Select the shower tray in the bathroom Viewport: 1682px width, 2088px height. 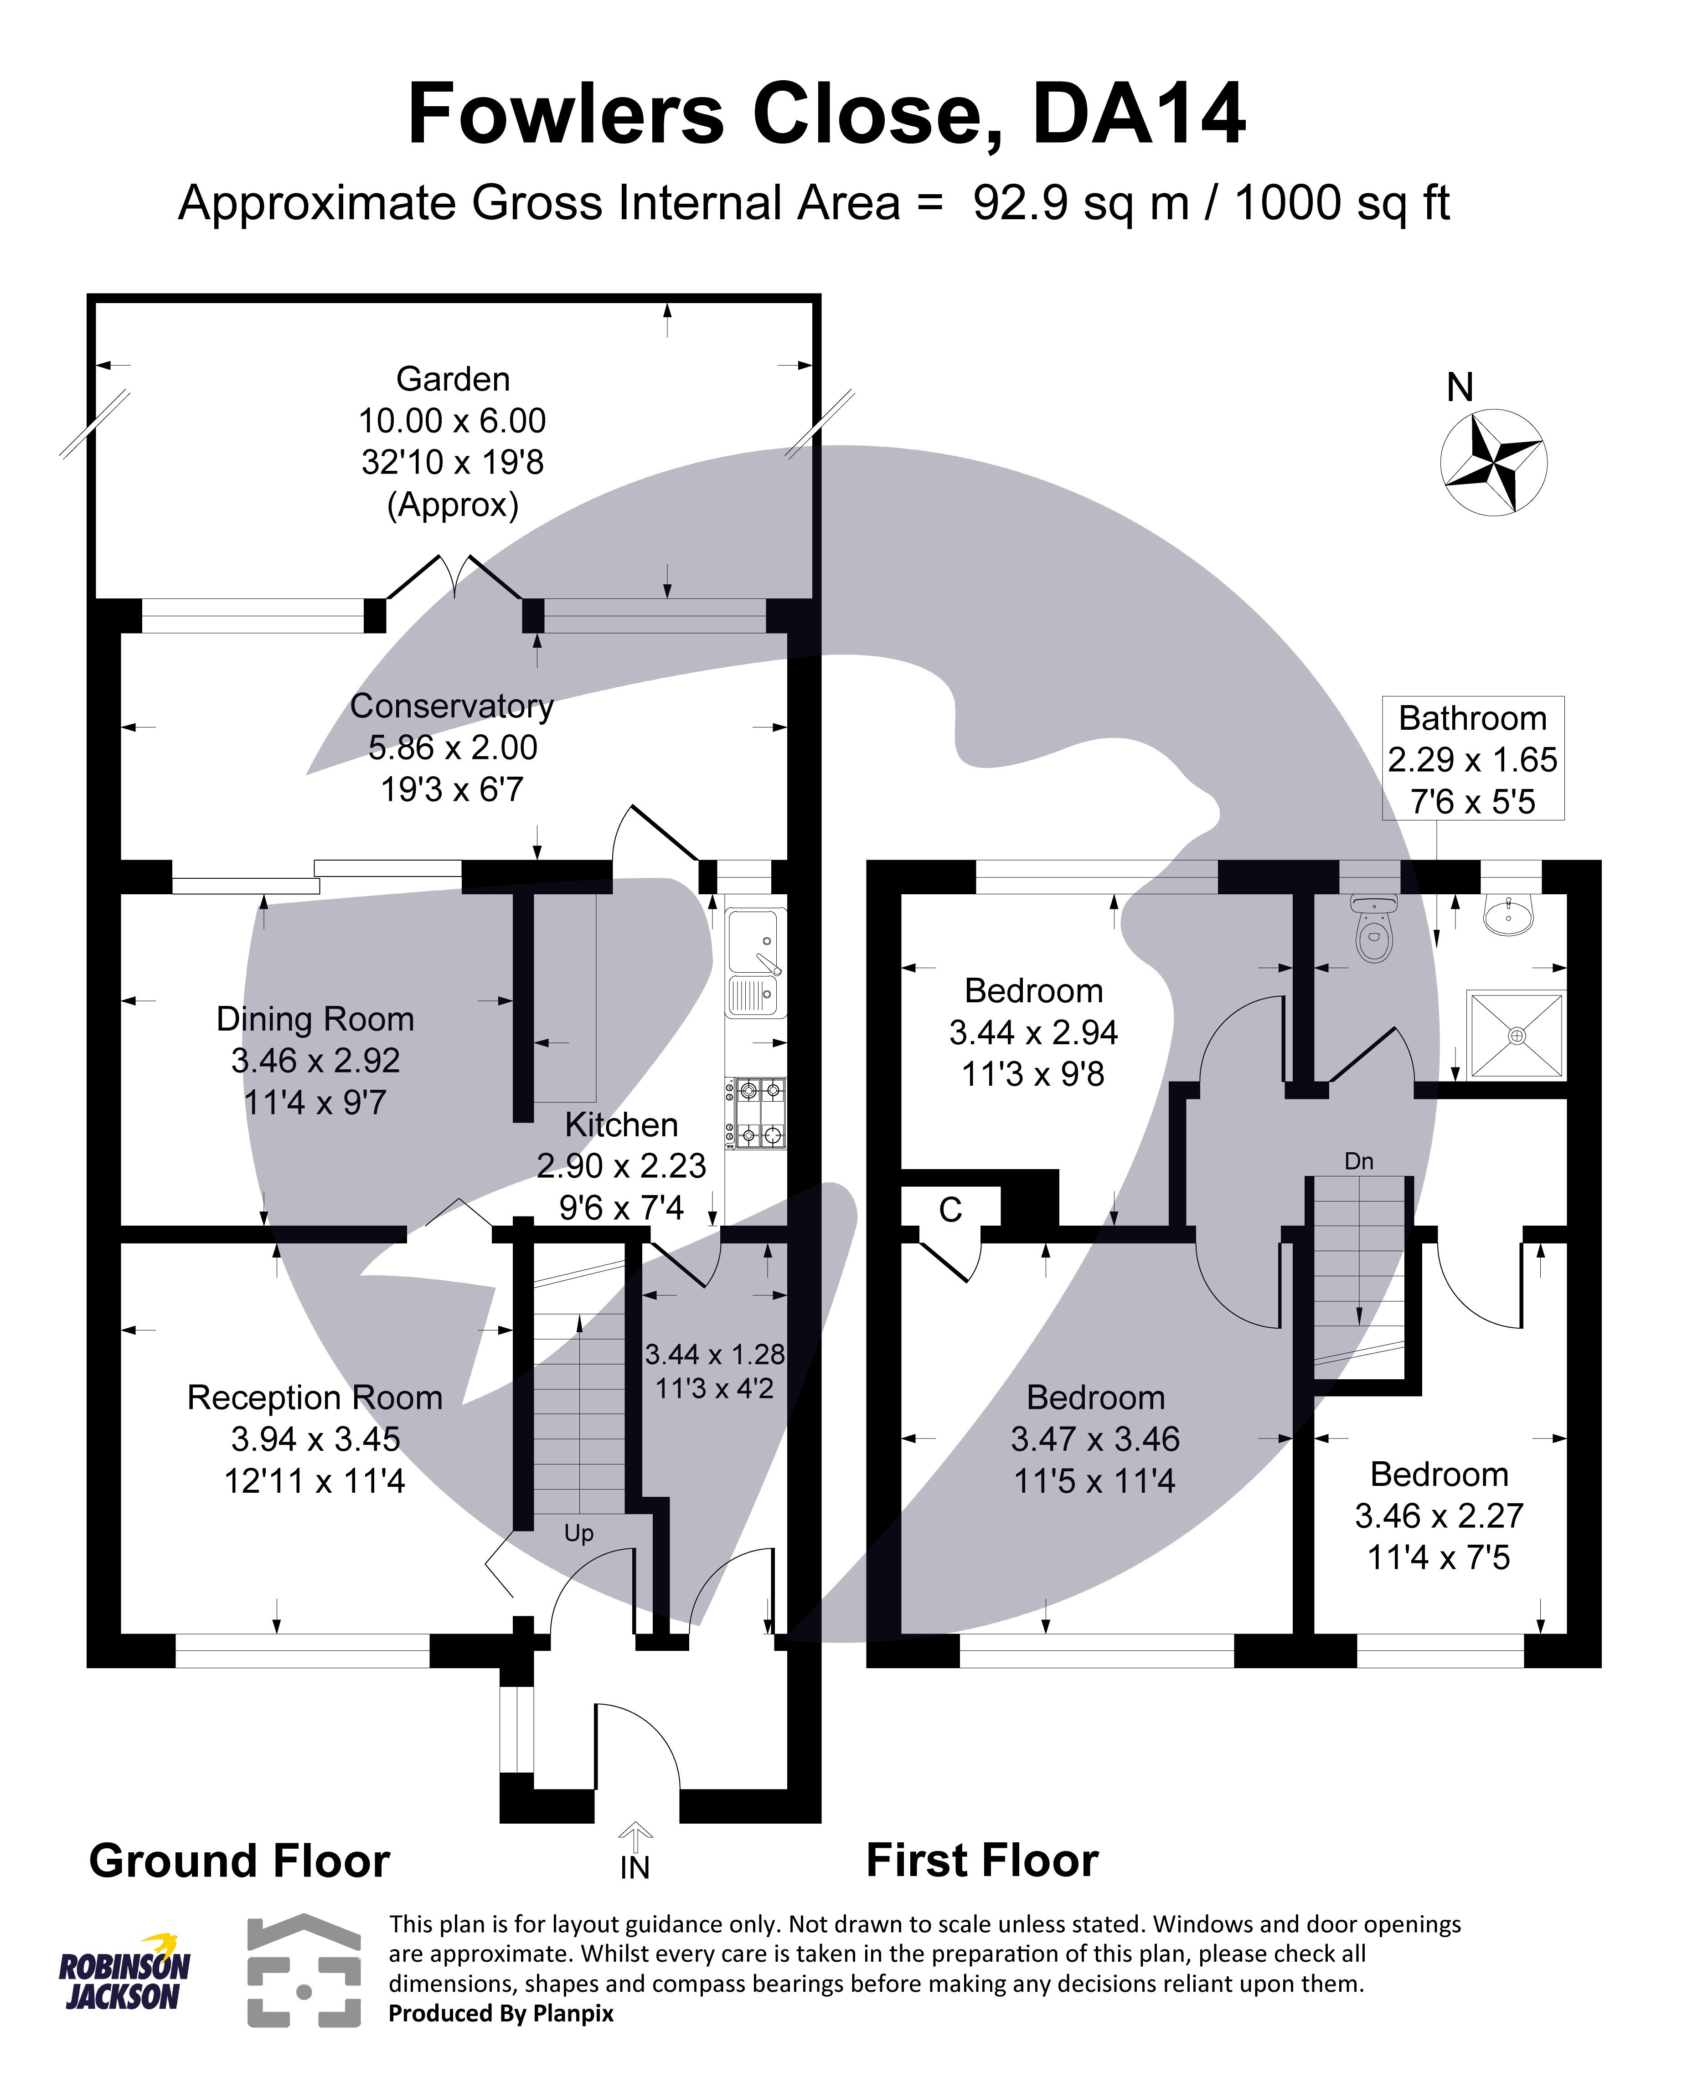pyautogui.click(x=1517, y=1035)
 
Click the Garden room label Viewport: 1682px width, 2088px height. pyautogui.click(x=453, y=379)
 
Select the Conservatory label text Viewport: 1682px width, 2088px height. pyautogui.click(x=452, y=706)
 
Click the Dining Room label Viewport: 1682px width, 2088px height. pyautogui.click(x=315, y=1019)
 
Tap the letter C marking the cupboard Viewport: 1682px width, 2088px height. pyautogui.click(x=950, y=1210)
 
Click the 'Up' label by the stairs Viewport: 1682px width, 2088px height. pyautogui.click(x=578, y=1533)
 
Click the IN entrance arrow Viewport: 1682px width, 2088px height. pyautogui.click(x=635, y=1834)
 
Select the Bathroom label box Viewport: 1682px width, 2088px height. pyautogui.click(x=1472, y=758)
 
